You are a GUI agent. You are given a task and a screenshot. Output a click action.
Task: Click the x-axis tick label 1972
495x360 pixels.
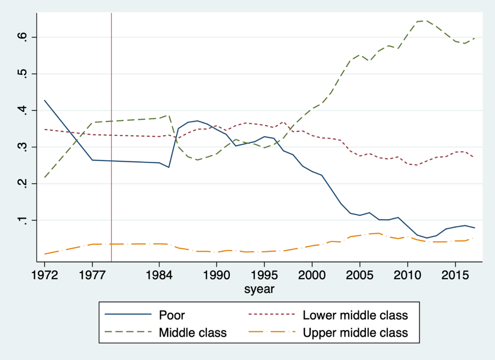click(x=45, y=276)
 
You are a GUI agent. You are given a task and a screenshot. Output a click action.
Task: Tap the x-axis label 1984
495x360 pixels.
click(x=159, y=276)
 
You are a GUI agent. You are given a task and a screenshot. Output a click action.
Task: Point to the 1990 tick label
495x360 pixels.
click(x=216, y=276)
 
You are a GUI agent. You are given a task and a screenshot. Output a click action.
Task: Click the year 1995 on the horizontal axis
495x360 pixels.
click(x=264, y=276)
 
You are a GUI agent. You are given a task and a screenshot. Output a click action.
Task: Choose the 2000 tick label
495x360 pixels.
click(x=312, y=276)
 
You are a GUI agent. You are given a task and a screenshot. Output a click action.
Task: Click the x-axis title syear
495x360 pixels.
click(x=259, y=289)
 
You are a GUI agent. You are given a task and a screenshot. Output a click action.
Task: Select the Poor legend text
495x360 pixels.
click(x=172, y=315)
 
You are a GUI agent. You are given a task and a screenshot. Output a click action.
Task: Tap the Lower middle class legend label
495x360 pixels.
click(x=355, y=315)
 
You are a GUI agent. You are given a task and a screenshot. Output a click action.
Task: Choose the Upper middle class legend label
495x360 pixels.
click(x=355, y=333)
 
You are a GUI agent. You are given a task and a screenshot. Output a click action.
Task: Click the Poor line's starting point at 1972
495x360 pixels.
click(x=45, y=100)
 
